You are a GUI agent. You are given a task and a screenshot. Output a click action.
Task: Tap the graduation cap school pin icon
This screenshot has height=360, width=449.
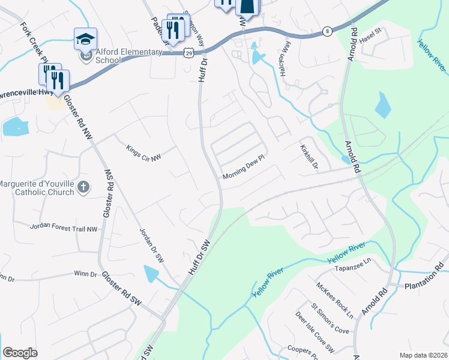[85, 40]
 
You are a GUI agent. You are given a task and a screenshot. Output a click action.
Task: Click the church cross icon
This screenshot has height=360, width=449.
[83, 188]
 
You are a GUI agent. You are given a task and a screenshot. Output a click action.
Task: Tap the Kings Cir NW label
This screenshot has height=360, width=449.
[143, 153]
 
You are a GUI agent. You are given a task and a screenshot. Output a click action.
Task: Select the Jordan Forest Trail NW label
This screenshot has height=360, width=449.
[64, 228]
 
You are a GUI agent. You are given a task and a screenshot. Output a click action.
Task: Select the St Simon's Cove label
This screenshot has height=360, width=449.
[330, 320]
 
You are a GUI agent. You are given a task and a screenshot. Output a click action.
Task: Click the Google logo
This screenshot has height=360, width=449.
[20, 352]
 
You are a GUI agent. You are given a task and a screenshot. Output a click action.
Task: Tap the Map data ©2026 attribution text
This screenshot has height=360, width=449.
[423, 355]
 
